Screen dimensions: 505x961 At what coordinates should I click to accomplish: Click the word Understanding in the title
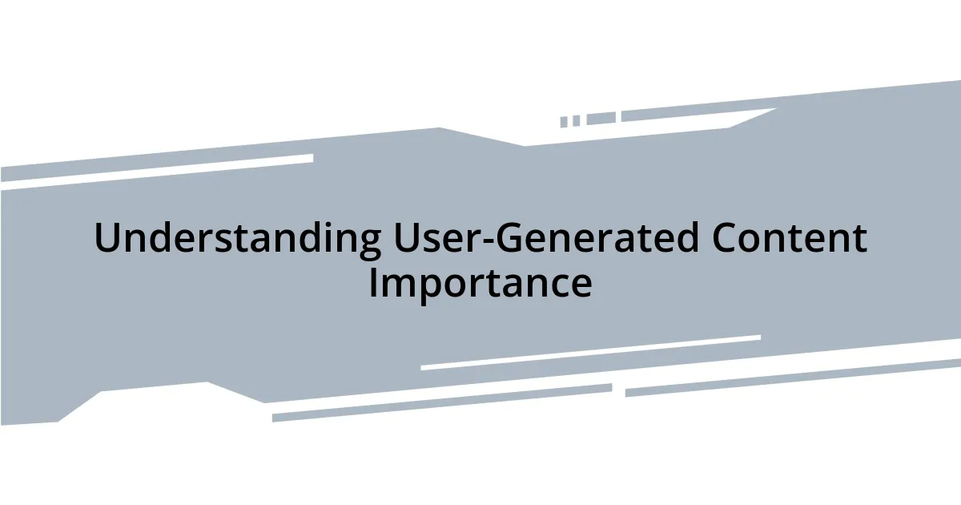(x=237, y=239)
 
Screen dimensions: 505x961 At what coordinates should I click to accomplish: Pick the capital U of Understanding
(x=107, y=239)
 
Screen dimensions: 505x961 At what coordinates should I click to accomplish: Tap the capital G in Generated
(x=509, y=239)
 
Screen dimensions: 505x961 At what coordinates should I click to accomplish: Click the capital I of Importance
(x=372, y=282)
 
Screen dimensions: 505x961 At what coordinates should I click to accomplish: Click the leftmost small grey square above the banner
(x=564, y=122)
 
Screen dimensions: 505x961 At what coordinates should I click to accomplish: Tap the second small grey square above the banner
(x=576, y=120)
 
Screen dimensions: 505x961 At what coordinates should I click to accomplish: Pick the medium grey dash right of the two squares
(x=601, y=119)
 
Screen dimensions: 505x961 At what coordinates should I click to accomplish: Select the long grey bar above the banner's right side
(x=697, y=113)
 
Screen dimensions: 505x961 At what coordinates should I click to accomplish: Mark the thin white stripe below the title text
(x=590, y=353)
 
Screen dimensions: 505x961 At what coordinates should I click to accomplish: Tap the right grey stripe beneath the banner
(x=793, y=377)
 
